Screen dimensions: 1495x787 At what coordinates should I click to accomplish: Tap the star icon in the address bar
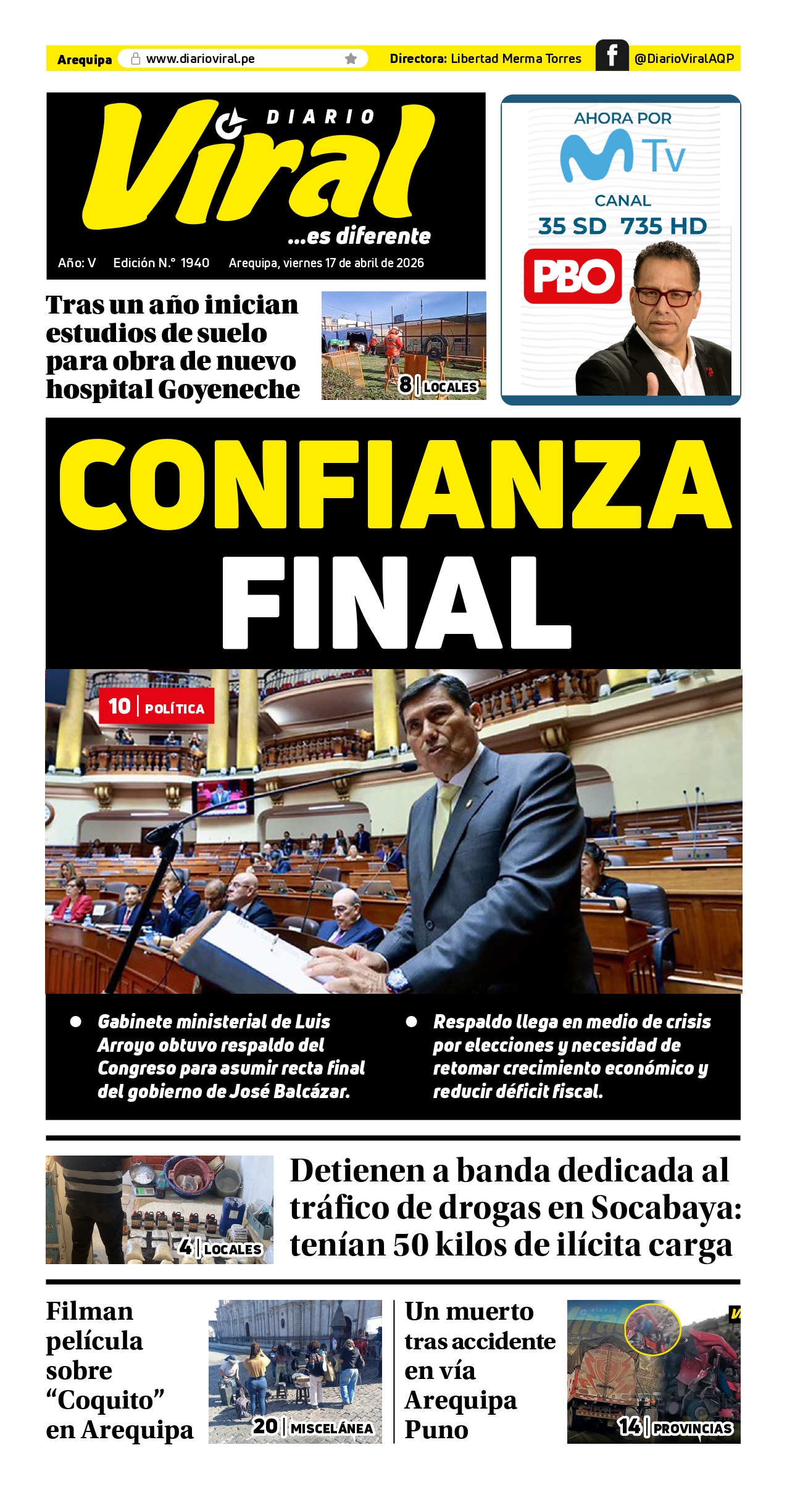tap(351, 59)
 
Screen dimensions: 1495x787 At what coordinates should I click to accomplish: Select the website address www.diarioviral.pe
tap(201, 59)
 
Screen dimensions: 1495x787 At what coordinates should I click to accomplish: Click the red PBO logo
tap(572, 276)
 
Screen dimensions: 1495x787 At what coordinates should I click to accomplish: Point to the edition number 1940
tap(195, 263)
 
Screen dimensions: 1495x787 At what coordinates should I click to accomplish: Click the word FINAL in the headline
tap(396, 602)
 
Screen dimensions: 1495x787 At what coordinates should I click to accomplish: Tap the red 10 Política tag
tap(156, 706)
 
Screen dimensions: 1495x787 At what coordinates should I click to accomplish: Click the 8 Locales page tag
tap(438, 385)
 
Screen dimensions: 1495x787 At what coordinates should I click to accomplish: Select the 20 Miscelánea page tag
tap(313, 1426)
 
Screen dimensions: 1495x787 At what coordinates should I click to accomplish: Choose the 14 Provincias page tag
tap(675, 1426)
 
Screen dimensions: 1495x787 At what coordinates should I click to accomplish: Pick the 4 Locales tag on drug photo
tap(220, 1248)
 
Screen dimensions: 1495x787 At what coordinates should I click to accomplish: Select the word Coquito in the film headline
tap(105, 1400)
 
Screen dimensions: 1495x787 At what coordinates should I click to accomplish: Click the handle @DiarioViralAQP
tap(684, 59)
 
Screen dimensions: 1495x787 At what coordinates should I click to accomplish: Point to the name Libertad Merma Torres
tap(516, 59)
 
